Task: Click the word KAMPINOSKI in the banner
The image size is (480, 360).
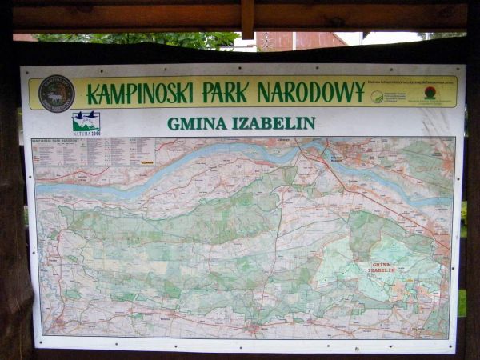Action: point(141,94)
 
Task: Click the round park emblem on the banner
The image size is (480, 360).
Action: point(56,94)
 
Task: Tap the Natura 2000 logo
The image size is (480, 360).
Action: point(86,123)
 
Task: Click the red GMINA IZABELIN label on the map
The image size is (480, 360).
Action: point(382,266)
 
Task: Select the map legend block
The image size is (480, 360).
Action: point(93,152)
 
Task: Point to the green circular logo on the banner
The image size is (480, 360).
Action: point(377,97)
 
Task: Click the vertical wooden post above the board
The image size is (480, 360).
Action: point(248,18)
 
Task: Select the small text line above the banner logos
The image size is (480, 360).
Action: point(412,82)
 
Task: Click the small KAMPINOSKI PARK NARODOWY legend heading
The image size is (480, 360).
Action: point(60,141)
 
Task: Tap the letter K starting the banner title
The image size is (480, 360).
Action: point(92,94)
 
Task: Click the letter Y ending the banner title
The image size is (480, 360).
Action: point(358,93)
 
